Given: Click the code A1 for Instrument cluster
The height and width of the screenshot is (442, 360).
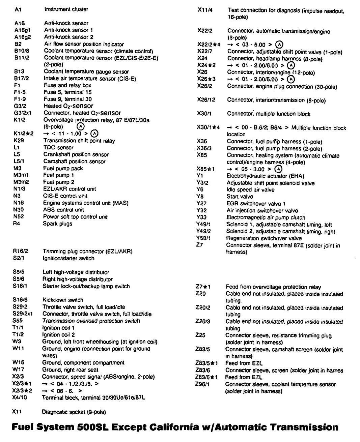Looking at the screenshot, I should tap(18, 10).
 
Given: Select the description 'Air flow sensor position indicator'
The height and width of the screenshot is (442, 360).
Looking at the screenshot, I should tap(84, 44).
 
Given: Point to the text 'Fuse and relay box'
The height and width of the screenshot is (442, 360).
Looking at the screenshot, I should tap(67, 85).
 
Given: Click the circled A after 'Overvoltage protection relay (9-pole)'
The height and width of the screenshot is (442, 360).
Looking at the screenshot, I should tap(80, 126).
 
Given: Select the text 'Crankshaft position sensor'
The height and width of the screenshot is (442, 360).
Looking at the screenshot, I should tap(76, 154).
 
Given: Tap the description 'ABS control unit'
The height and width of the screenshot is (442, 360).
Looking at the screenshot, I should tap(63, 210).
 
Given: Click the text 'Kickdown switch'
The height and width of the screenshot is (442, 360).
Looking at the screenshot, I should tap(63, 300).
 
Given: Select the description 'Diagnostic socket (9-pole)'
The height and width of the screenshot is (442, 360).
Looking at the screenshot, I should tap(74, 412).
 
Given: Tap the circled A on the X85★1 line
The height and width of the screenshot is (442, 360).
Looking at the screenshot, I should tap(278, 169).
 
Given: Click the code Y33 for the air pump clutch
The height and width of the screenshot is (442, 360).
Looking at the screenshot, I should tap(201, 217).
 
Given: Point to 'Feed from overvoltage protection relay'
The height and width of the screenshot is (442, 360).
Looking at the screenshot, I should tap(273, 287).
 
